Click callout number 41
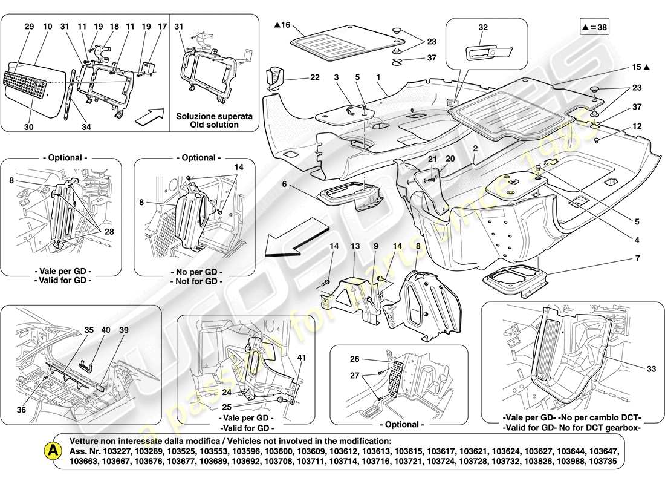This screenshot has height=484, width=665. [301, 358]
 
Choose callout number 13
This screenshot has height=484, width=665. [355, 246]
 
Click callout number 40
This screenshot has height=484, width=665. [106, 330]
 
